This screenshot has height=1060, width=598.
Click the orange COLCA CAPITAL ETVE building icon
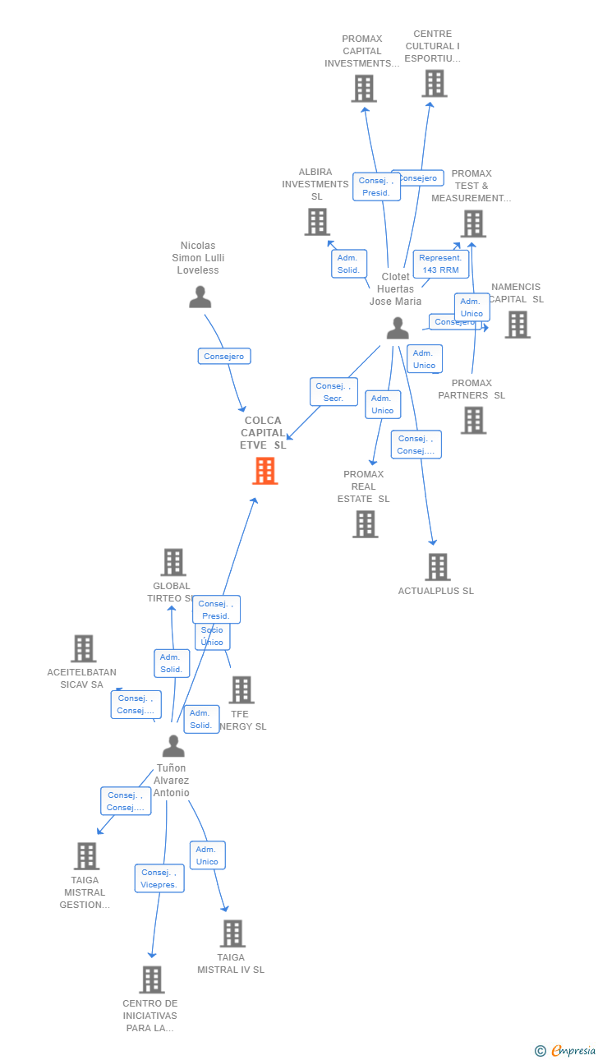tap(264, 471)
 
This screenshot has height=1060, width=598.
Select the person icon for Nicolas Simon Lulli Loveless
tap(200, 297)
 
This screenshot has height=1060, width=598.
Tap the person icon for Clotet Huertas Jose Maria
tap(398, 329)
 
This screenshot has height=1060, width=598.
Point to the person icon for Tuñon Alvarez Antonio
tap(173, 746)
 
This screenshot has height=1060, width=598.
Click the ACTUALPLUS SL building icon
tap(438, 567)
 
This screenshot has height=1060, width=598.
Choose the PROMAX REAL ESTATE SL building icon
tap(366, 524)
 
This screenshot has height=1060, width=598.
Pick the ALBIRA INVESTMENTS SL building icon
tap(317, 222)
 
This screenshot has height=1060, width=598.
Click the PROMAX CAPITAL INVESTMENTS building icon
tap(364, 89)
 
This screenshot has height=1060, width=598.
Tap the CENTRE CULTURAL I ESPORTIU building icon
tap(435, 84)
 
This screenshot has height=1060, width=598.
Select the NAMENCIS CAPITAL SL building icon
tap(517, 325)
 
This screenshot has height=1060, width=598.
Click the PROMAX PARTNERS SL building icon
tap(473, 420)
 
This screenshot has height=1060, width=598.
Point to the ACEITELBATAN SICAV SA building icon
tap(83, 648)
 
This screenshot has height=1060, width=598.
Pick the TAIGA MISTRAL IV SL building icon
tap(232, 933)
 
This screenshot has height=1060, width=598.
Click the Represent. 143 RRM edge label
tap(441, 264)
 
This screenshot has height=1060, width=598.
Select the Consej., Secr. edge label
tap(333, 392)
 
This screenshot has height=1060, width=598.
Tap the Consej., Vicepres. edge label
tap(159, 878)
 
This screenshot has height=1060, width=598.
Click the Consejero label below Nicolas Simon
tap(224, 356)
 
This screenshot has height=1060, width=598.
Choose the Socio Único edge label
tap(212, 636)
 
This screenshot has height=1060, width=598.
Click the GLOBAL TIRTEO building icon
tap(172, 563)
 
